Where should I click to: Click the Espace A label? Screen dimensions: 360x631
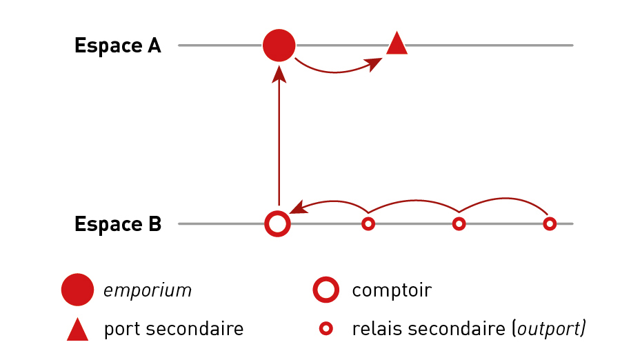(x=117, y=46)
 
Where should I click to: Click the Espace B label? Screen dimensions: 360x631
(x=117, y=224)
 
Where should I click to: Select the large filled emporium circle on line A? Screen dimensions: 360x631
(x=279, y=46)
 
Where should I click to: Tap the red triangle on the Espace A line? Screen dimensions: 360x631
(x=397, y=45)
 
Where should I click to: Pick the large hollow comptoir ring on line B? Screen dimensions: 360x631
(x=277, y=223)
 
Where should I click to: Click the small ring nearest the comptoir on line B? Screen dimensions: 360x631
(x=368, y=223)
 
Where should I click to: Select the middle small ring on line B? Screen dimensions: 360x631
(x=459, y=223)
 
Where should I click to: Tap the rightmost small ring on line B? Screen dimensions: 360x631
(x=550, y=223)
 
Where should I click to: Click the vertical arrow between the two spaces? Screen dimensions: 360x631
(x=279, y=138)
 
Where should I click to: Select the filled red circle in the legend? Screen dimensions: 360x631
(x=77, y=290)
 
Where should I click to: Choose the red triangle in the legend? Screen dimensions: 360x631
(x=77, y=330)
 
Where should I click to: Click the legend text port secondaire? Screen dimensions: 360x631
(x=174, y=329)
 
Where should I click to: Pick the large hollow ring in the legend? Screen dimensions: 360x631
(x=325, y=290)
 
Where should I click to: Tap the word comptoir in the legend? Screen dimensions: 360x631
(x=392, y=290)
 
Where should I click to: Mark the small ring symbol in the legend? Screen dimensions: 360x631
(x=325, y=329)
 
